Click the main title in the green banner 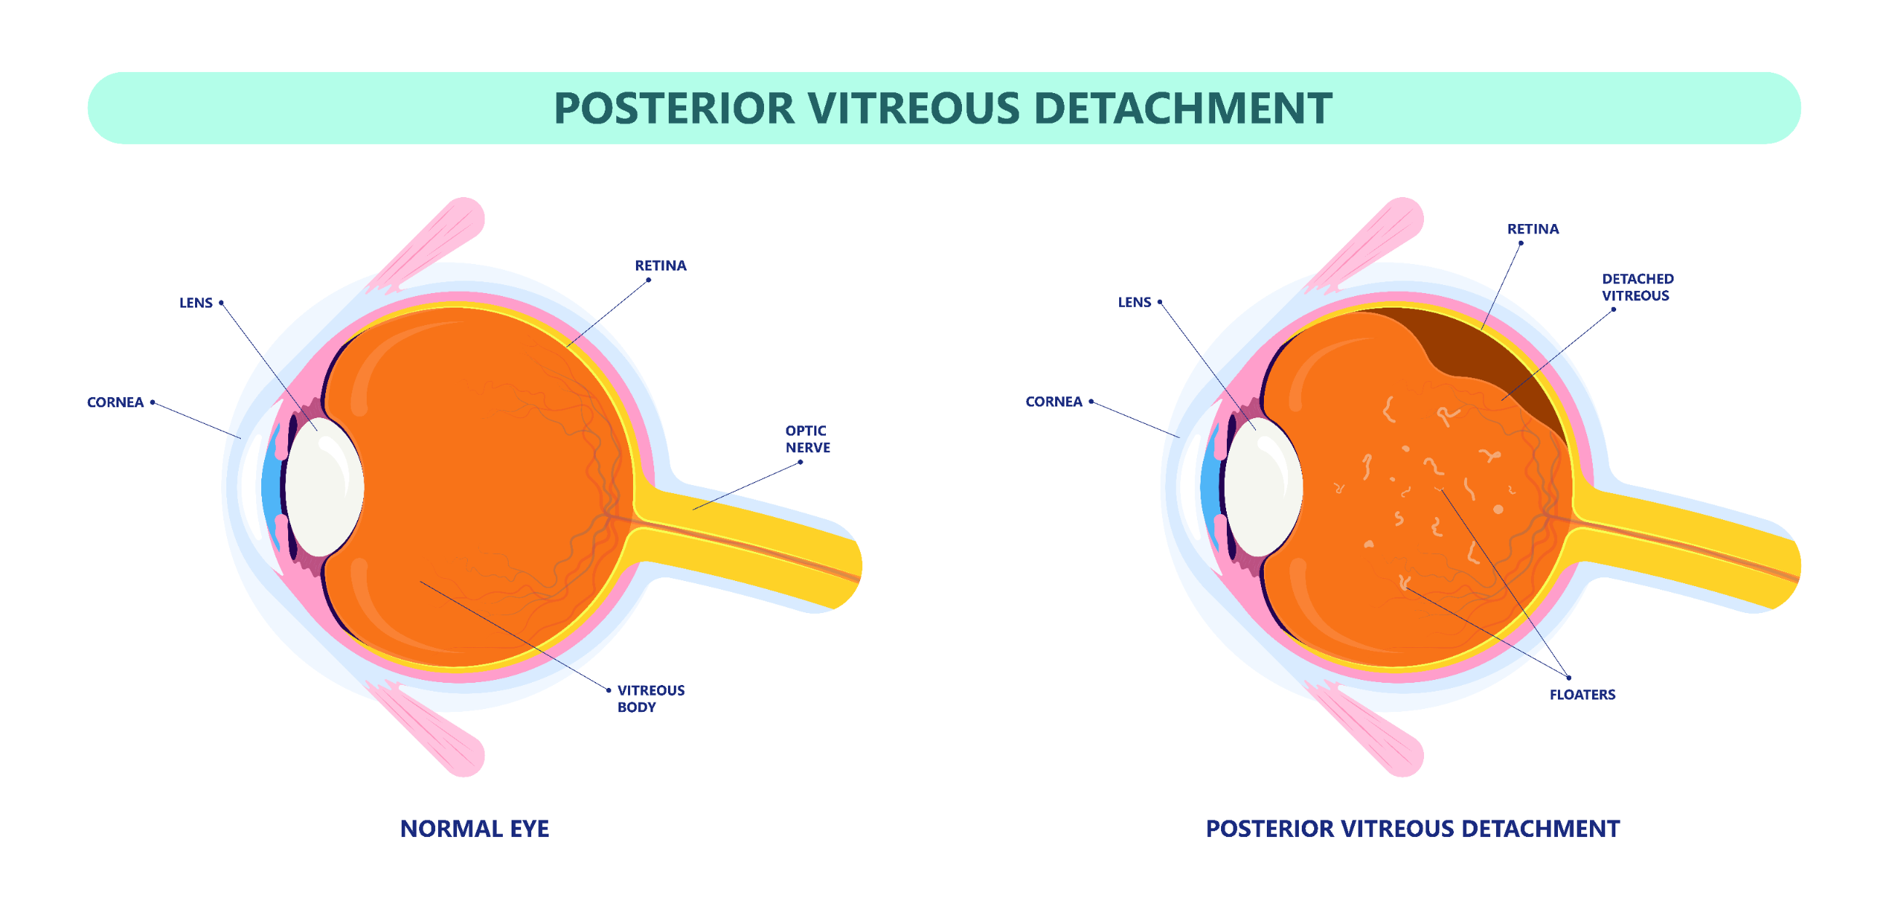[x=943, y=108]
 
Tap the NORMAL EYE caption [x=474, y=828]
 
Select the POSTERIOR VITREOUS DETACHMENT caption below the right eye [x=1412, y=828]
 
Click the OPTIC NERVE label [x=808, y=439]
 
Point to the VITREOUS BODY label [x=651, y=698]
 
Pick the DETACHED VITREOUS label [x=1637, y=287]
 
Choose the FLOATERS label [x=1582, y=694]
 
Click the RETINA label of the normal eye [x=660, y=265]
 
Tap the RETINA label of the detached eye [x=1532, y=229]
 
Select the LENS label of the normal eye [x=196, y=303]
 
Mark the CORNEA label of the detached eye [x=1054, y=401]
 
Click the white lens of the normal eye [x=324, y=487]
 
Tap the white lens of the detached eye [x=1262, y=487]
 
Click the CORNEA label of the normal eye [x=115, y=402]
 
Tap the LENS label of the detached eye [x=1134, y=302]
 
